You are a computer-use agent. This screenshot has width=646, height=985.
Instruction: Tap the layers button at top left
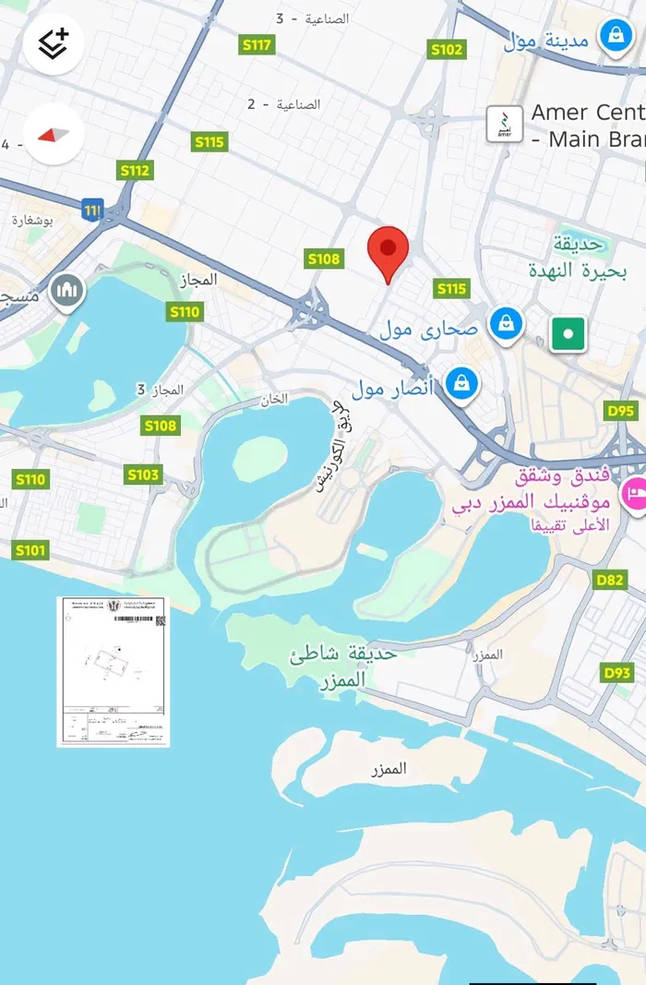click(x=54, y=42)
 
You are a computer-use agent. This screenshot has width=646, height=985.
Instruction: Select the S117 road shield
click(x=257, y=44)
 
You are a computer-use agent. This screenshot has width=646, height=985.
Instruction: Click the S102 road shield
click(x=447, y=50)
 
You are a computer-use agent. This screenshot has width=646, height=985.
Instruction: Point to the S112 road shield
click(x=134, y=170)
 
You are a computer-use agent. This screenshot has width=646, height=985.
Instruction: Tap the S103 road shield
click(x=143, y=474)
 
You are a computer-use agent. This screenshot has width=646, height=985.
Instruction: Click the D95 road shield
click(x=621, y=411)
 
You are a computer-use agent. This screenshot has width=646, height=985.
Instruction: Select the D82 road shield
click(x=610, y=579)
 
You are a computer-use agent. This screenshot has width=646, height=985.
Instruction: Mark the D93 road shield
click(x=617, y=672)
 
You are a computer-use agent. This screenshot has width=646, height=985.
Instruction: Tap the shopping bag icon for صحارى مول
click(x=507, y=324)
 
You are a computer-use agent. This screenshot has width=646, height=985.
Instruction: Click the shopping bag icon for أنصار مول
click(x=461, y=382)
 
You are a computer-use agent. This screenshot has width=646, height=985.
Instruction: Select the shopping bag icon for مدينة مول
click(x=613, y=36)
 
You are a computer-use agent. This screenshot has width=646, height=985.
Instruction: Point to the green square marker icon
click(x=568, y=333)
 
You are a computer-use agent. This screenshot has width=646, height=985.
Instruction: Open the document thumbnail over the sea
click(x=114, y=670)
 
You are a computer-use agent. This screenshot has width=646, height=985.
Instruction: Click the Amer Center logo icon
click(x=504, y=124)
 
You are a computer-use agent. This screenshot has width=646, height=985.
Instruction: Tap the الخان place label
click(x=275, y=399)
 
